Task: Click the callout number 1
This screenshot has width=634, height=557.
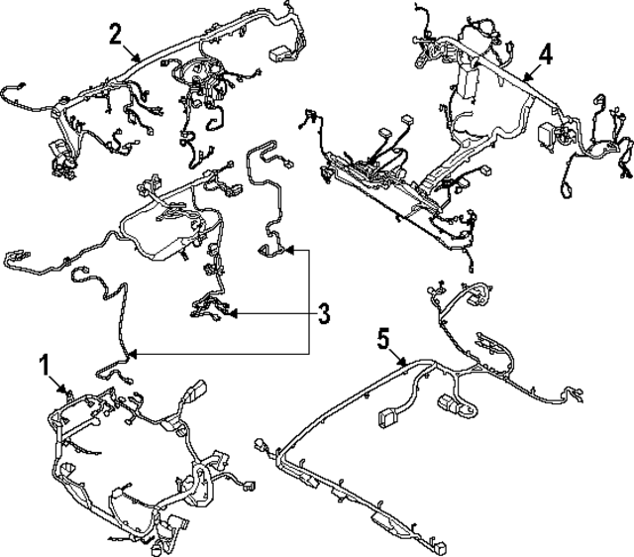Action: (x=44, y=363)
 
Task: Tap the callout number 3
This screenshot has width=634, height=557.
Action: (x=323, y=315)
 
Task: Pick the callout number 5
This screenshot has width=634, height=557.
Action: (x=385, y=338)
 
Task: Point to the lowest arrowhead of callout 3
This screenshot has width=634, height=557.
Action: (x=130, y=353)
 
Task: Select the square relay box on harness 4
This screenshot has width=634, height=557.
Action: (x=546, y=135)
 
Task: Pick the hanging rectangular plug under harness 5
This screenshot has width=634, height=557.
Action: (x=386, y=418)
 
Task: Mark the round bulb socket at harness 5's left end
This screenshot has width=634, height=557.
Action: (x=263, y=446)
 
